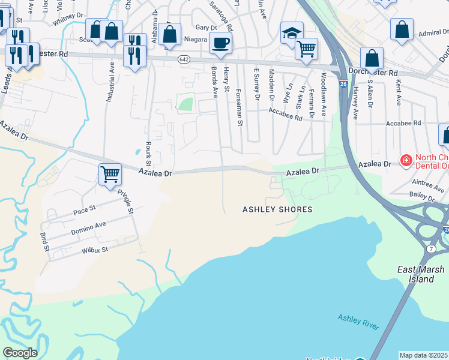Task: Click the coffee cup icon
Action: (221, 43)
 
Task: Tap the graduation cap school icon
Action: (292, 32)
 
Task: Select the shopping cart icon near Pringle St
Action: (110, 175)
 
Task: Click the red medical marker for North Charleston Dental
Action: (406, 161)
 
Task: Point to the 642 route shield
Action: (184, 59)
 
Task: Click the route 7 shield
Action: (431, 248)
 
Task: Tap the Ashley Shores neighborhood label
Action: (277, 209)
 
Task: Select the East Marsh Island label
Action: (415, 274)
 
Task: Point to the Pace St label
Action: (85, 209)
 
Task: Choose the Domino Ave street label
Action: (88, 228)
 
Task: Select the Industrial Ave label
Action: (110, 87)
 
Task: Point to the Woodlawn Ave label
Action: (323, 94)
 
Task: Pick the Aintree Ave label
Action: (427, 182)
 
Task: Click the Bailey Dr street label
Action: (421, 196)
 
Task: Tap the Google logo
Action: (20, 353)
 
